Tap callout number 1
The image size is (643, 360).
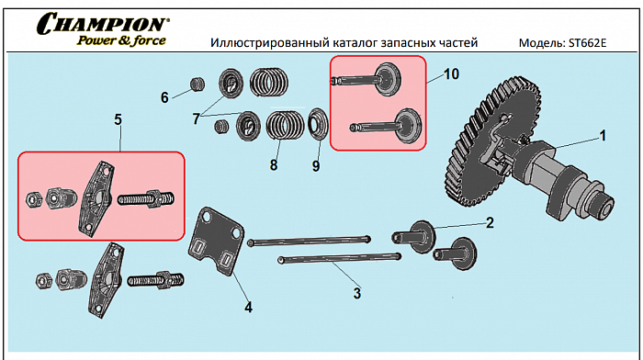coord(603,135)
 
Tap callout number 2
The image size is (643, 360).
coord(490,221)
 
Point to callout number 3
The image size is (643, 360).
coord(357,294)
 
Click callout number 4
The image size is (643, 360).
coord(248,307)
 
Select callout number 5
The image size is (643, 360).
coord(118,118)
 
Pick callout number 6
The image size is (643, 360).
coord(165,97)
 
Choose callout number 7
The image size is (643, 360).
coord(196,118)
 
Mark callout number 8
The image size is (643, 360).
coord(273,165)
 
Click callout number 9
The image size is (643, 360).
coord(316,167)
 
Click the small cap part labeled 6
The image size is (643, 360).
coord(196,85)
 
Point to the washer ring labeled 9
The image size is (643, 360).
coord(318,121)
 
